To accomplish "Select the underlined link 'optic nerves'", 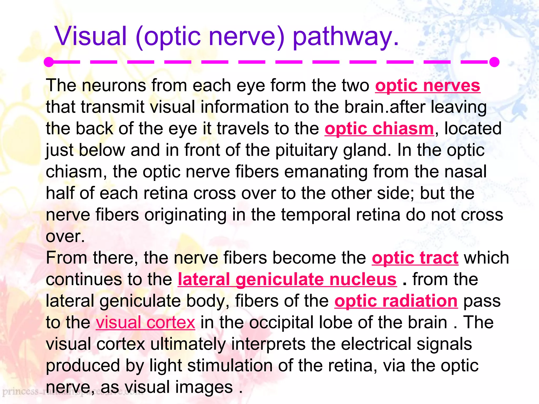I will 428,86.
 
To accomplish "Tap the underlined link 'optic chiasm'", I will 379,129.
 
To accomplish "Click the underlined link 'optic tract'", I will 415,258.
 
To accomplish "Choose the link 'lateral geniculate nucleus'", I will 287,279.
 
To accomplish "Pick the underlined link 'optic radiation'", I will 396,301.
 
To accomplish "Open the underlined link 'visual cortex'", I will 145,322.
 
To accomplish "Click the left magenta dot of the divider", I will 49,62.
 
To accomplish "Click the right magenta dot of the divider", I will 494,62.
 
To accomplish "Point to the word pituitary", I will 306,150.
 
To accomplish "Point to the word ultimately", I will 188,344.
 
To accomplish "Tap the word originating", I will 185,215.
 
